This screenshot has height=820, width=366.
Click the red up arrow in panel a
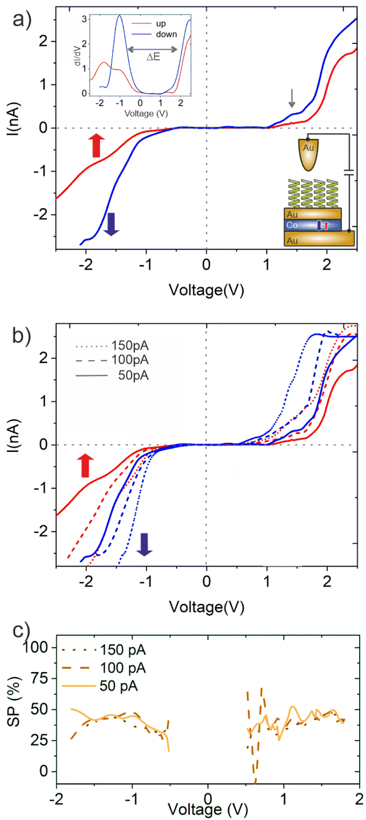[96, 145]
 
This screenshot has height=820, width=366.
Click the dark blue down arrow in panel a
[111, 223]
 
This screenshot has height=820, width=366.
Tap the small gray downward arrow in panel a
[292, 98]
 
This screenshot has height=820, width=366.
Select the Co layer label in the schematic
[293, 226]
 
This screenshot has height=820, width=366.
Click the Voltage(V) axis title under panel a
[206, 290]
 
